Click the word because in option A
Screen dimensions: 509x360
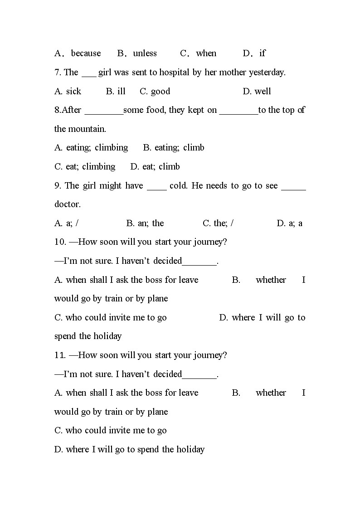point(86,53)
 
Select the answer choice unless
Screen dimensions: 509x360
point(145,53)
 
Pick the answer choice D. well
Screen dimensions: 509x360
point(257,92)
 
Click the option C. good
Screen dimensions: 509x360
point(155,92)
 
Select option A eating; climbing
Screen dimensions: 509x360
point(91,148)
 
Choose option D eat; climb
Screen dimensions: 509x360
point(155,167)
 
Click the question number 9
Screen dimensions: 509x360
point(58,186)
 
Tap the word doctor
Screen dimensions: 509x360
point(67,204)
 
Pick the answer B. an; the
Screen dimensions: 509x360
point(145,223)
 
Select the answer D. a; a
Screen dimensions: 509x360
point(289,223)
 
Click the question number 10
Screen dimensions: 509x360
point(59,242)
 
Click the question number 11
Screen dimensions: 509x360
point(59,355)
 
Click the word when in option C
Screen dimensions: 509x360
point(206,53)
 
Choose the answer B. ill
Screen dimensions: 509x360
point(116,92)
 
